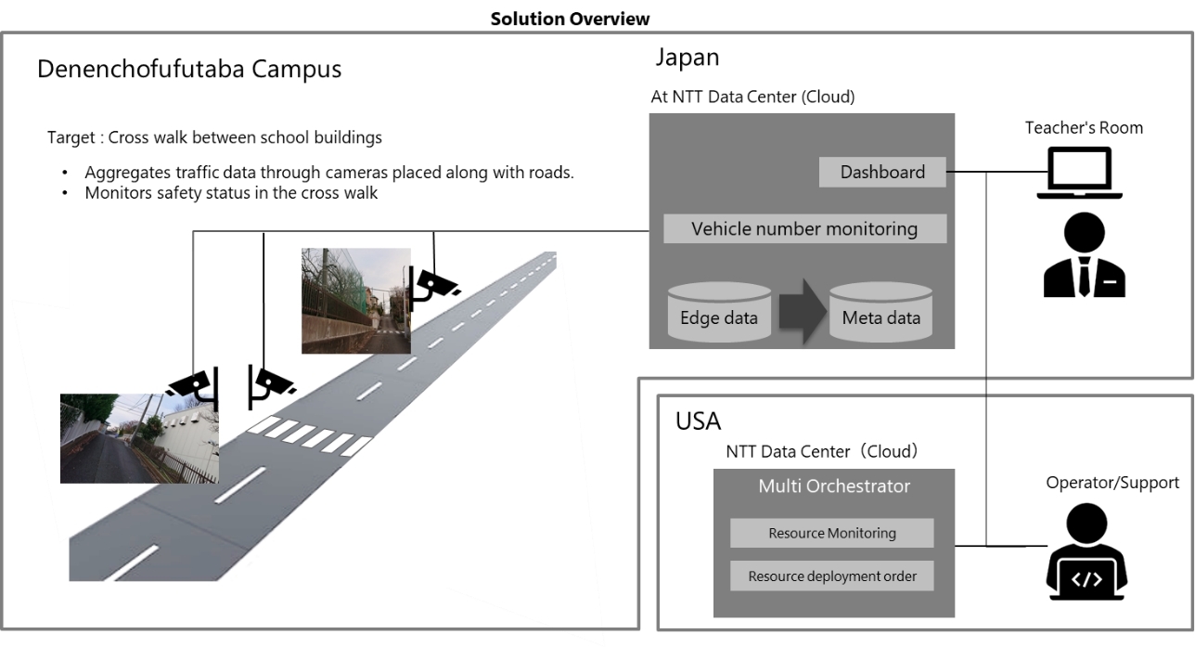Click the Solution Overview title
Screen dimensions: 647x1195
click(x=596, y=19)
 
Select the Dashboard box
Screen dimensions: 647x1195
click(x=882, y=172)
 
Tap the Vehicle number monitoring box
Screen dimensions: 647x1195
click(x=804, y=228)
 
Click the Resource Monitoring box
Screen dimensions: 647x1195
click(x=831, y=533)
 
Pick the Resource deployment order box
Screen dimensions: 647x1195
click(x=831, y=576)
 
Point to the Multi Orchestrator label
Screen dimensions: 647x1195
click(x=834, y=486)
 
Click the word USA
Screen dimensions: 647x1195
click(x=698, y=421)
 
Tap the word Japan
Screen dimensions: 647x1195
click(x=687, y=58)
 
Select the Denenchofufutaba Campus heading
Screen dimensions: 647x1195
click(x=189, y=70)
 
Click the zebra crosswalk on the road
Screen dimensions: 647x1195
click(x=313, y=433)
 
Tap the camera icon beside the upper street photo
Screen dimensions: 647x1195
click(x=432, y=283)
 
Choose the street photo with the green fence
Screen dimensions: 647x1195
click(x=356, y=300)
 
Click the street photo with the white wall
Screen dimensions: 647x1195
click(x=139, y=437)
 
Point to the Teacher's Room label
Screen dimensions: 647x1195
click(x=1084, y=128)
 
